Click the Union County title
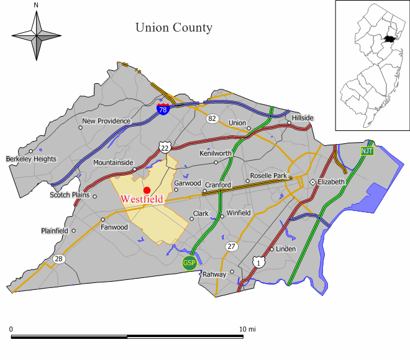click(174, 27)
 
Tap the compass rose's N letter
click(36, 6)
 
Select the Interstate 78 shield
click(163, 109)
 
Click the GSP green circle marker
click(189, 263)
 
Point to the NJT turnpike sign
click(367, 151)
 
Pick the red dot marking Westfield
click(147, 190)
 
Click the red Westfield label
click(142, 199)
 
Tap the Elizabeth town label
click(331, 182)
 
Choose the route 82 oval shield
click(212, 118)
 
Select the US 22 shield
click(163, 147)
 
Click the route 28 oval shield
click(59, 259)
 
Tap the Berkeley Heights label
click(32, 159)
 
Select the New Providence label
click(106, 121)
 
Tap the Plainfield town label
click(55, 231)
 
